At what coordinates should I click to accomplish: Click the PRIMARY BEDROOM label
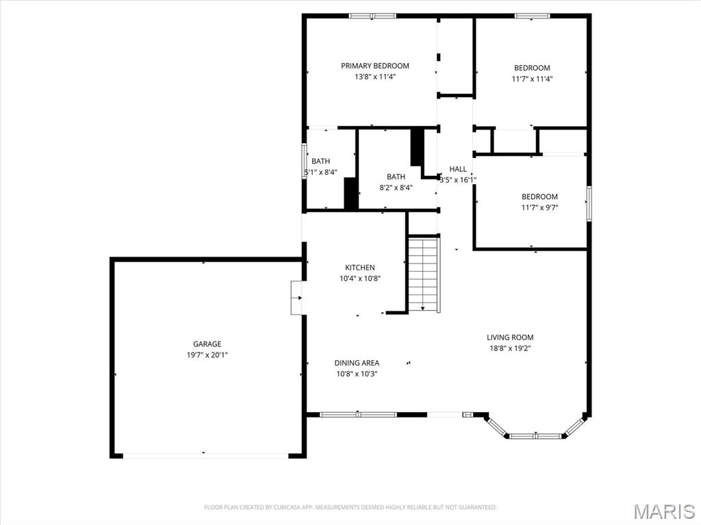pyautogui.click(x=375, y=66)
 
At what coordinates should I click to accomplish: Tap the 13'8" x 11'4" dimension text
pyautogui.click(x=375, y=77)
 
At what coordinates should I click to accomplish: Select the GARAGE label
pyautogui.click(x=207, y=344)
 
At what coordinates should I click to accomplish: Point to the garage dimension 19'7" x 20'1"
pyautogui.click(x=207, y=355)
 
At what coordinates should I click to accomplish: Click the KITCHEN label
pyautogui.click(x=359, y=268)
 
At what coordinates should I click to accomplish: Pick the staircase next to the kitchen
pyautogui.click(x=423, y=273)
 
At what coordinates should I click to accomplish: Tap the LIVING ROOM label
pyautogui.click(x=510, y=337)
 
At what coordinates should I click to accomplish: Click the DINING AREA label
pyautogui.click(x=357, y=363)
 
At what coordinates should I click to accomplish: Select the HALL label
pyautogui.click(x=458, y=169)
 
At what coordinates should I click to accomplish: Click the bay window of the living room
pyautogui.click(x=535, y=435)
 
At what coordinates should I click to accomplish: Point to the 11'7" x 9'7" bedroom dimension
pyautogui.click(x=540, y=207)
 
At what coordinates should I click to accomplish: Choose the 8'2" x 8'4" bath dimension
pyautogui.click(x=395, y=188)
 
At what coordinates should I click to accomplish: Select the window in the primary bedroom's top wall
pyautogui.click(x=372, y=16)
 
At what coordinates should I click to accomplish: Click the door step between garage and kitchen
pyautogui.click(x=296, y=298)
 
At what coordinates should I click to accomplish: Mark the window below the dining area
pyautogui.click(x=358, y=414)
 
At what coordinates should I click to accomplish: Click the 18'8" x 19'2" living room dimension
pyautogui.click(x=510, y=348)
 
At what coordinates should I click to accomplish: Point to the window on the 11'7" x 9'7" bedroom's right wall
pyautogui.click(x=588, y=203)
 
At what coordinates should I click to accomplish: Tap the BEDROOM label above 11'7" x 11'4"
pyautogui.click(x=532, y=68)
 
